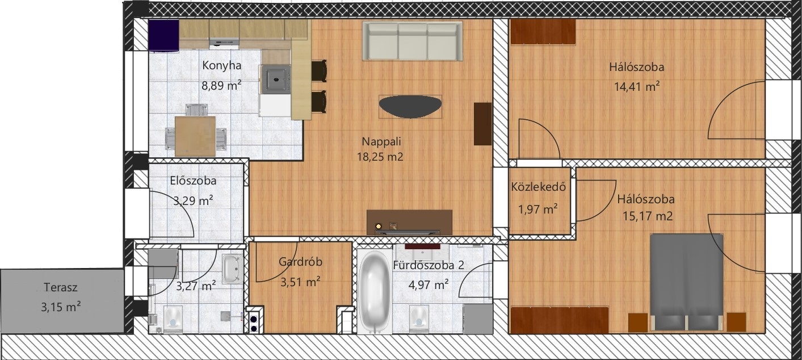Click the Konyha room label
coord(221,66)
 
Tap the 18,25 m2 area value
coord(380,157)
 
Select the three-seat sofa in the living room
coord(413,41)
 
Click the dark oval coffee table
coord(410,107)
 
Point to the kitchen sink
coord(276,79)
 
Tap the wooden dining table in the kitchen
coord(195,136)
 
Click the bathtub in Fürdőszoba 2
coord(375,292)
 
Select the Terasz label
coord(61,287)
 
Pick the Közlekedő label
coord(538,187)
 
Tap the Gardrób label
coord(300,262)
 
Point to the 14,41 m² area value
coord(637,86)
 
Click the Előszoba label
coord(194,181)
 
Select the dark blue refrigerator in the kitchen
coord(163,36)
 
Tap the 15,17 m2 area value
coord(647,216)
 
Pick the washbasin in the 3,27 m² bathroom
coord(233,269)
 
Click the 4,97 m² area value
coord(429,285)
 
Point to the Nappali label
coord(381,141)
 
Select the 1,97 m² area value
coord(538,209)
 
